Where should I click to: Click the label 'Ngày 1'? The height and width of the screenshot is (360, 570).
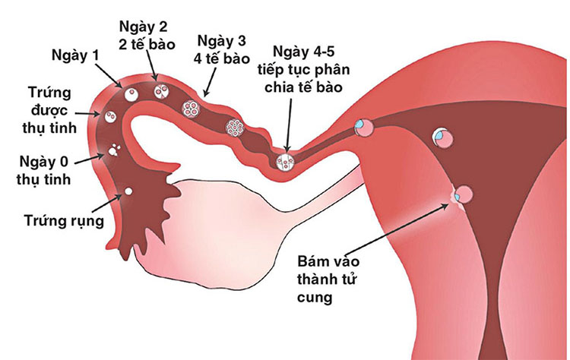(75, 55)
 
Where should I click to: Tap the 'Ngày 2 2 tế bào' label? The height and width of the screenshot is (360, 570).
(147, 35)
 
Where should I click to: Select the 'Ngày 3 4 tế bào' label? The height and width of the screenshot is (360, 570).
(222, 49)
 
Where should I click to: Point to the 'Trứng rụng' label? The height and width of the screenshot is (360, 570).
(64, 220)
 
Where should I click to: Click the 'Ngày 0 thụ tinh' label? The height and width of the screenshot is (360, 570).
(43, 170)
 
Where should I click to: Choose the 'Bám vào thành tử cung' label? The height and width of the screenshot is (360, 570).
(328, 279)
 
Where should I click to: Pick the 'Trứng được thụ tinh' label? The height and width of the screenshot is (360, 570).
(49, 110)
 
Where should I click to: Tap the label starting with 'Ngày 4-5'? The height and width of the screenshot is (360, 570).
(303, 69)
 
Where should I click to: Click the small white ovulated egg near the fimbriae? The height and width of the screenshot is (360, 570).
(128, 191)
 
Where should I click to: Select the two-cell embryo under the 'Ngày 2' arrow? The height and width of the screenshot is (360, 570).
(161, 92)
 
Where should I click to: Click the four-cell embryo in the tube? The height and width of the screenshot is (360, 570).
(191, 108)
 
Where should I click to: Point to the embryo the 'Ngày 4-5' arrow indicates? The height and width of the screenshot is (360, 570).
(285, 162)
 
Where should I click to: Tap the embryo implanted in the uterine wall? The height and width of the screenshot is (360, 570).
(464, 194)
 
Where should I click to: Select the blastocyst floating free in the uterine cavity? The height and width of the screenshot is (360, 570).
(443, 137)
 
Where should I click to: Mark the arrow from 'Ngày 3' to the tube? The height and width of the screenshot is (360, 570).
(210, 82)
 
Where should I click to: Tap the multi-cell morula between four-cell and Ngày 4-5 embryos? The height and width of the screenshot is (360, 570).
(234, 128)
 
